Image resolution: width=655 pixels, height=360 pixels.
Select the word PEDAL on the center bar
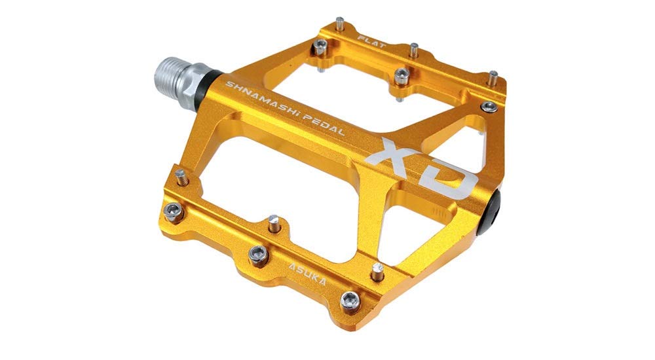pyautogui.click(x=323, y=126)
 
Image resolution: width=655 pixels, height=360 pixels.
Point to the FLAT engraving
pyautogui.click(x=372, y=41)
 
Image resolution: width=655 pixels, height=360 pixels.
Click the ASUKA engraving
pyautogui.click(x=307, y=273)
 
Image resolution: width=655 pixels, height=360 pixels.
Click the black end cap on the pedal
pyautogui.click(x=489, y=213)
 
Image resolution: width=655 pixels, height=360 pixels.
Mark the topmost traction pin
pyautogui.click(x=341, y=24)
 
